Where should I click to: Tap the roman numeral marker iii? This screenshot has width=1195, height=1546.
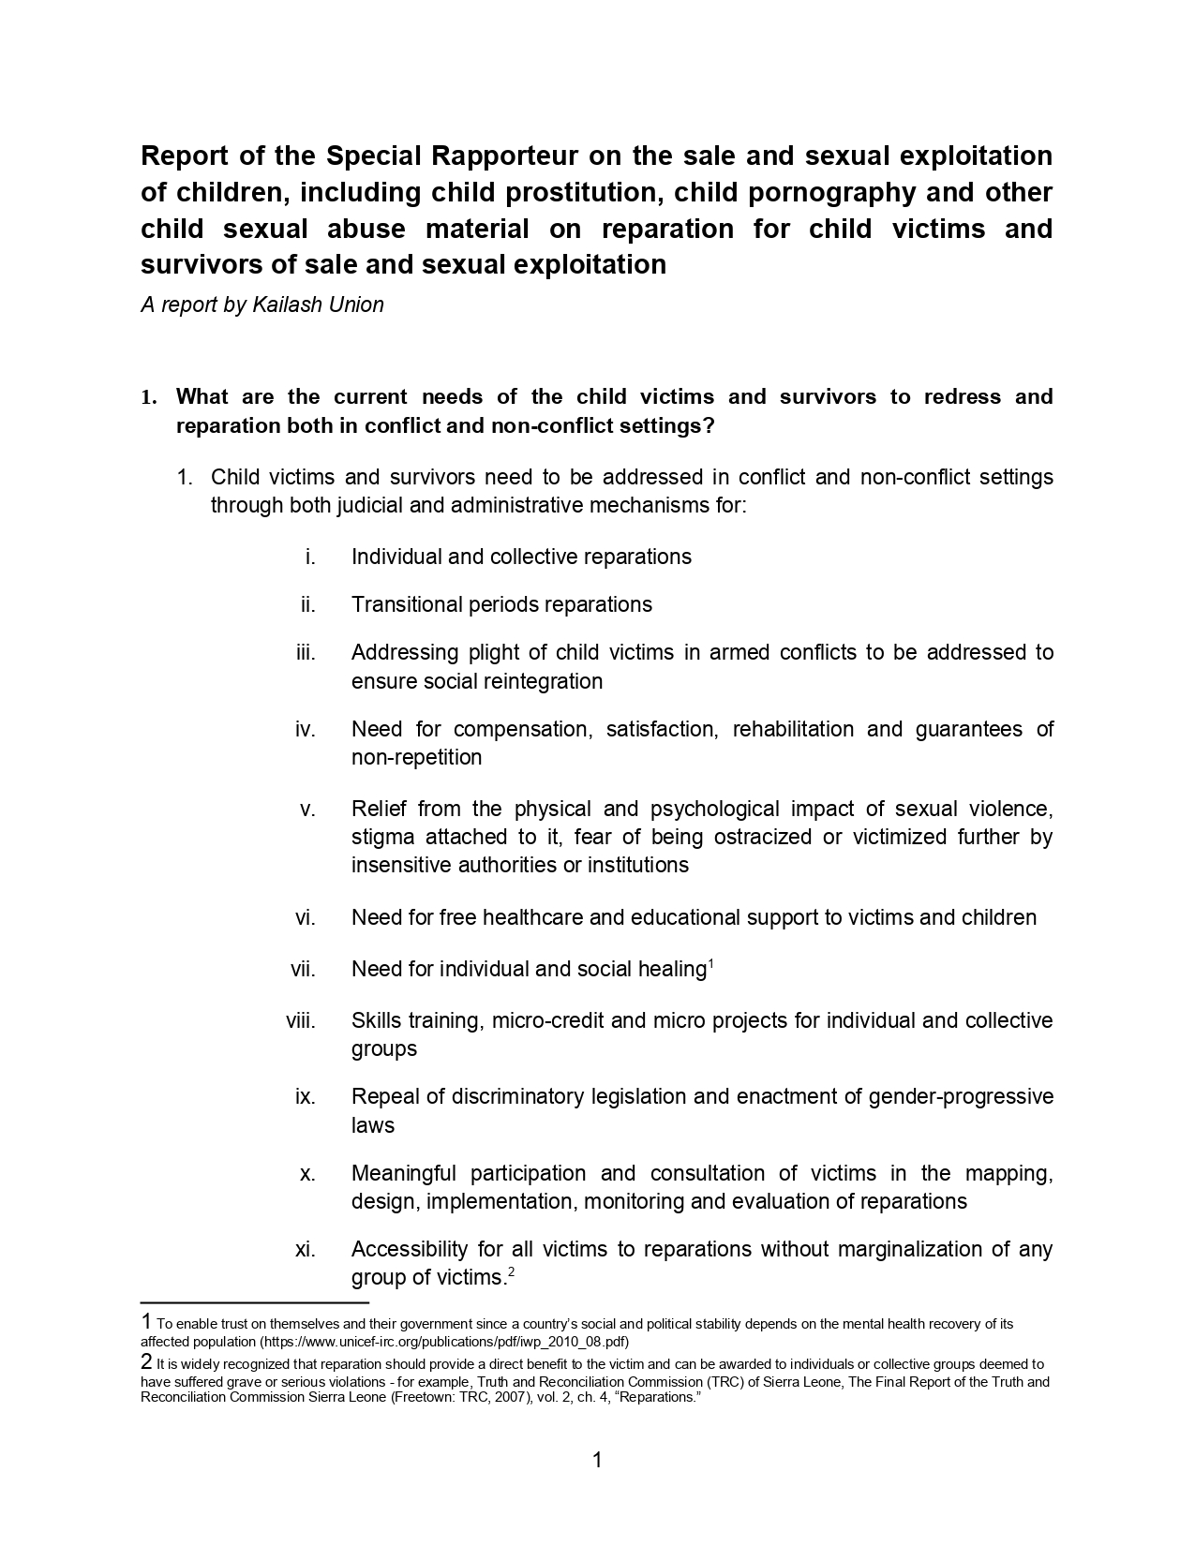click(306, 652)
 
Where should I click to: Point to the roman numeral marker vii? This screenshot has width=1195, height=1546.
click(303, 969)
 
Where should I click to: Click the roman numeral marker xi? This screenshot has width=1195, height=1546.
click(305, 1249)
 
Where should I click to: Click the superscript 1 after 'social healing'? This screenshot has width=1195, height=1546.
click(710, 963)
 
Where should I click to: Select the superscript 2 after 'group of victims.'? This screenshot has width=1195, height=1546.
click(510, 1271)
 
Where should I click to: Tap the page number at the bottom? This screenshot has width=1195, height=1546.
click(597, 1460)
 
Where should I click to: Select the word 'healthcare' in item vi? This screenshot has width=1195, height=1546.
click(532, 917)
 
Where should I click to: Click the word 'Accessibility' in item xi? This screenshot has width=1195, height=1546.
click(408, 1249)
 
